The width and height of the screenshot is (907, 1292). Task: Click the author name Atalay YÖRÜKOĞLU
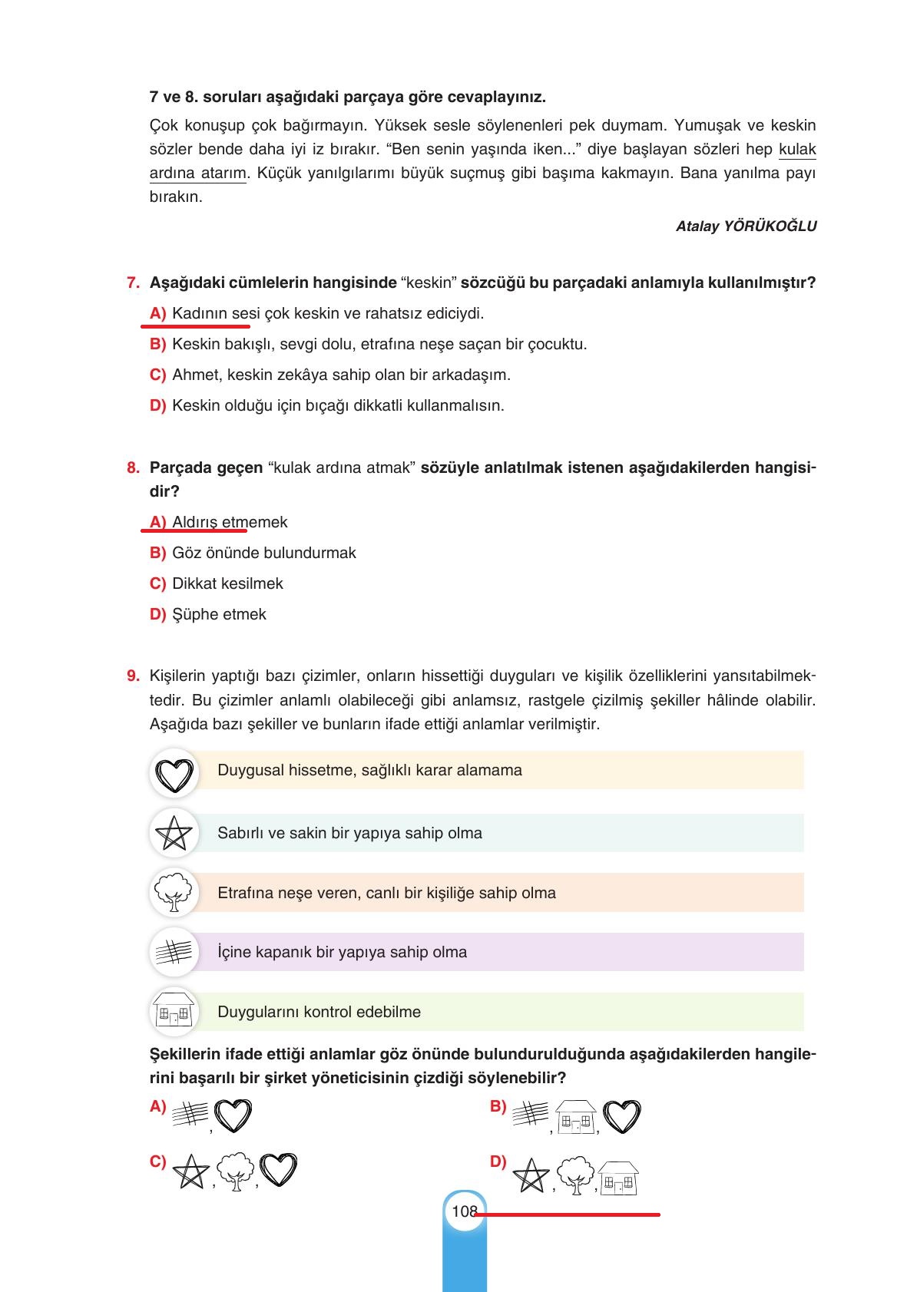[x=746, y=226]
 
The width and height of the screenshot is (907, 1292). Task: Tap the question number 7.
[x=133, y=283]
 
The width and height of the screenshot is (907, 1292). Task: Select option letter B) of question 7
[x=157, y=345]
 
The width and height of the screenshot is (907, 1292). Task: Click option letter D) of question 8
[x=157, y=615]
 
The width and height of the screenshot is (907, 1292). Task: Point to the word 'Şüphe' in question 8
[x=193, y=615]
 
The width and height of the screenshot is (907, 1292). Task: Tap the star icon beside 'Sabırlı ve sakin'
[x=174, y=833]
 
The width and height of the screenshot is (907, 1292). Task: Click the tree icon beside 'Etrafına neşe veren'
[x=174, y=893]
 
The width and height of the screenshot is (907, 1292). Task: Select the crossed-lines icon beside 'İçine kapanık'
[x=174, y=953]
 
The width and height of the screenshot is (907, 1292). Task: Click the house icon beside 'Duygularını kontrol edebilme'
[x=174, y=1011]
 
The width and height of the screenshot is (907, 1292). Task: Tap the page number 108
[x=465, y=1211]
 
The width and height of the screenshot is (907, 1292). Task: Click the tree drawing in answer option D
[x=574, y=1175]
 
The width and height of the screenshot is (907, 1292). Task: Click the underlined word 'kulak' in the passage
[x=797, y=149]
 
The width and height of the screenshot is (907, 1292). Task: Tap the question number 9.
[x=133, y=676]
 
